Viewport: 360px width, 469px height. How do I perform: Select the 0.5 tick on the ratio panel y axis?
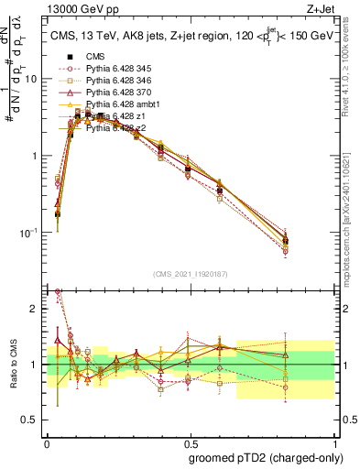(32, 421)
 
